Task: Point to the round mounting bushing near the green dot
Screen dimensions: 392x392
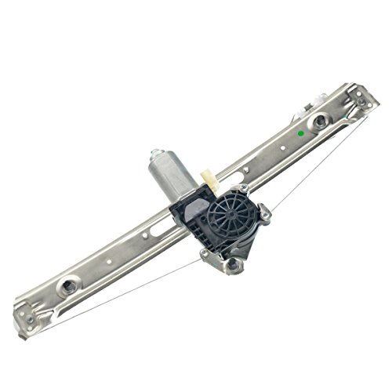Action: pos(320,121)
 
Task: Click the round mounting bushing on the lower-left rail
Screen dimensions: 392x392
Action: pos(69,284)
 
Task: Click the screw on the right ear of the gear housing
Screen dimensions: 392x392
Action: pos(266,212)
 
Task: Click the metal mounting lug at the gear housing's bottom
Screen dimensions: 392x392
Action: pos(233,265)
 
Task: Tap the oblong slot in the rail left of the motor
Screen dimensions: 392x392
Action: pos(156,227)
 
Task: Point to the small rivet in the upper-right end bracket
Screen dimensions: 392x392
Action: pos(361,102)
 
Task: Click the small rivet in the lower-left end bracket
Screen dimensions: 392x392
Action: pos(28,319)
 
